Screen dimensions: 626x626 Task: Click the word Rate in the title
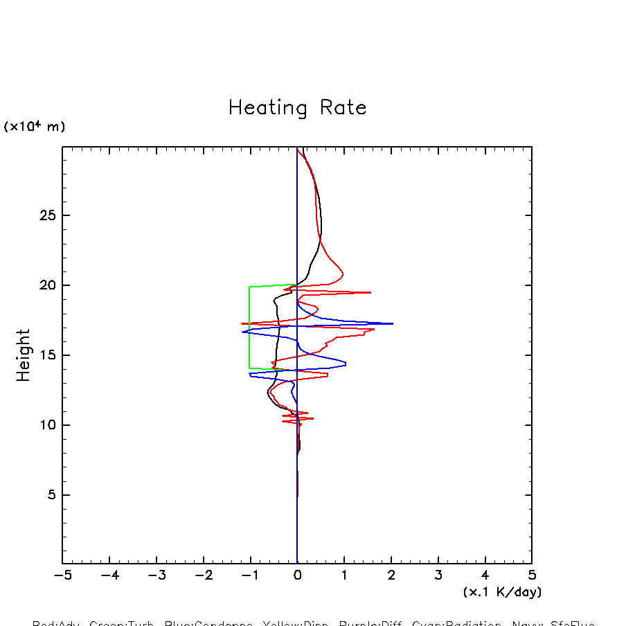click(343, 108)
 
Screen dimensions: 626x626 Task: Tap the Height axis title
click(24, 355)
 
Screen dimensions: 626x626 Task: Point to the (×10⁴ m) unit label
click(35, 127)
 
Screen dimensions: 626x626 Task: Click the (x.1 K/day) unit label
click(502, 592)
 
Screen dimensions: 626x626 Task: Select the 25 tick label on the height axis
click(46, 215)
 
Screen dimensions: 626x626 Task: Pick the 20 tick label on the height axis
click(46, 285)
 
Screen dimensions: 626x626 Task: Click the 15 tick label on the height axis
click(46, 355)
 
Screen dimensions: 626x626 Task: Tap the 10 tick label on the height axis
click(46, 425)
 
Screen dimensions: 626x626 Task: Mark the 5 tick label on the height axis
click(50, 495)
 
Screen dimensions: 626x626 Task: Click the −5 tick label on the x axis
click(62, 575)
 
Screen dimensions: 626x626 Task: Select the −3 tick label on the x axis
click(156, 575)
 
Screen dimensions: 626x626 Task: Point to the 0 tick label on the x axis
click(297, 575)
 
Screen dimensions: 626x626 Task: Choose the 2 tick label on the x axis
click(391, 575)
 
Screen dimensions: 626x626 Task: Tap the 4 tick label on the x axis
click(485, 575)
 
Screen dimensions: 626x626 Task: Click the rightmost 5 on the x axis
click(532, 575)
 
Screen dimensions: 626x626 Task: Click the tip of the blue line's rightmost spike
click(393, 323)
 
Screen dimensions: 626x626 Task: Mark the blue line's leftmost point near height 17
click(242, 332)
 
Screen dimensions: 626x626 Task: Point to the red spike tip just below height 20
click(370, 292)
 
